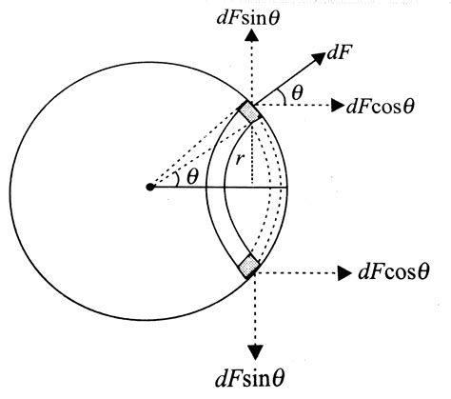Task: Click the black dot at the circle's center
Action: point(149,187)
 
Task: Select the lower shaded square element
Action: point(250,265)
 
